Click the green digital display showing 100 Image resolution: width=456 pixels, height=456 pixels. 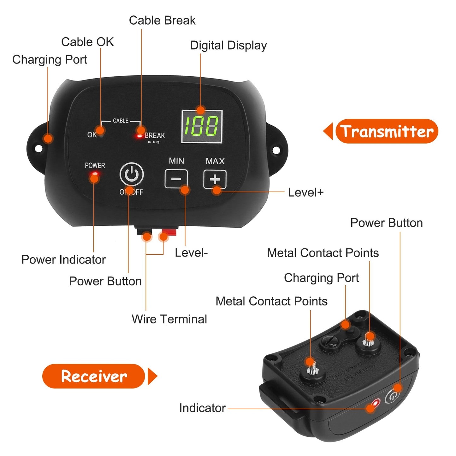[202, 127]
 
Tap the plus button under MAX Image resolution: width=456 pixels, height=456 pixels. [215, 179]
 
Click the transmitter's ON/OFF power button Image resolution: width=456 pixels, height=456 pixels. [132, 174]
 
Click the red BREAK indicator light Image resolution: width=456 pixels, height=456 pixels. [139, 136]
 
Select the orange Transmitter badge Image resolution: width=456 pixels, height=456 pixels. [387, 131]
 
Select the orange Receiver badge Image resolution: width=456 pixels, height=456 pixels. [94, 376]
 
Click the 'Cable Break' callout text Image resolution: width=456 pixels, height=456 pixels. [162, 21]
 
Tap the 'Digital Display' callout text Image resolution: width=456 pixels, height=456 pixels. [228, 45]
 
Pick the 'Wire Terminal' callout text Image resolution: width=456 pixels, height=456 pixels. [169, 319]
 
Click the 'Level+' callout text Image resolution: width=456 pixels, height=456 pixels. [305, 192]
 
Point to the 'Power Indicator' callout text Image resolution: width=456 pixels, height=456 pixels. [63, 260]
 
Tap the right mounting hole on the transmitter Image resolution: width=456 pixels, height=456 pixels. [275, 150]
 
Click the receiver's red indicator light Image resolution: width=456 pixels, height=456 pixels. [376, 403]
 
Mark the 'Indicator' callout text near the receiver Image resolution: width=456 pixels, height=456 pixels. [202, 408]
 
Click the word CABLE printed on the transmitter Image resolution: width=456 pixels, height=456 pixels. [121, 121]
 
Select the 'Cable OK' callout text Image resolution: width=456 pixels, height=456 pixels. [87, 42]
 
